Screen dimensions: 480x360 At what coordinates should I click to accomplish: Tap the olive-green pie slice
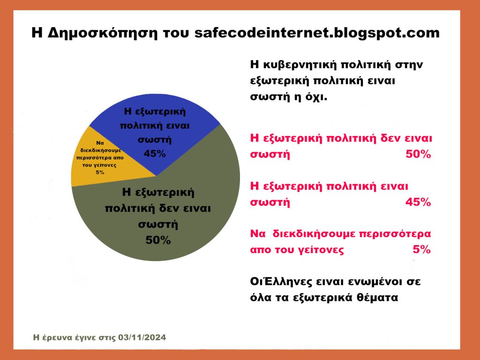pyautogui.click(x=172, y=214)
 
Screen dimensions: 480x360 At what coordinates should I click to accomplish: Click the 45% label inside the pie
pyautogui.click(x=155, y=153)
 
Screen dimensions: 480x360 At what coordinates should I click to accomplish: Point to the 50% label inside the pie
pyautogui.click(x=158, y=240)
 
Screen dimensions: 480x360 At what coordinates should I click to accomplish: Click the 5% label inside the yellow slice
pyautogui.click(x=100, y=172)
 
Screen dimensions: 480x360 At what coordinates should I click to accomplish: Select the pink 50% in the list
pyautogui.click(x=418, y=154)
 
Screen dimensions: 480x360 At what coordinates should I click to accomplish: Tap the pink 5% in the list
pyautogui.click(x=421, y=249)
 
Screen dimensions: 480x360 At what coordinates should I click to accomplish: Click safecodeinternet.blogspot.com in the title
pyautogui.click(x=317, y=32)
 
